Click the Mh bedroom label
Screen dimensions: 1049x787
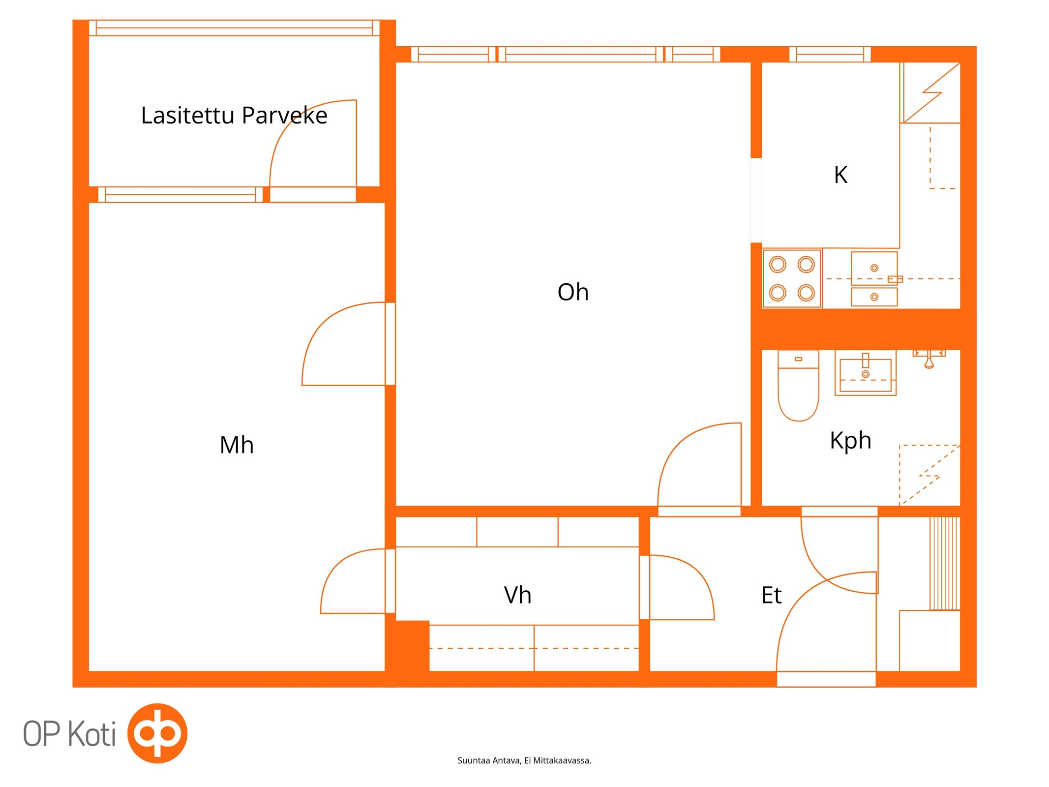coord(237,445)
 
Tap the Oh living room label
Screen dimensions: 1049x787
coord(573,292)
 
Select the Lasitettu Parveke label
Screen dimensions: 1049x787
coord(234,116)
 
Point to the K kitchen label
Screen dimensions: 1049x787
coord(840,175)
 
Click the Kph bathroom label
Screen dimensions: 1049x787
coord(850,440)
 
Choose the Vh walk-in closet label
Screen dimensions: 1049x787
coord(517,595)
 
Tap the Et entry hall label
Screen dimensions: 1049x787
coord(771,595)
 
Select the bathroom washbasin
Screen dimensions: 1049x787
coord(866,374)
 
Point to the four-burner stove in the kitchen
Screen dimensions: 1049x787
coord(792,278)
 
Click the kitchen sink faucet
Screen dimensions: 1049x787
coord(895,279)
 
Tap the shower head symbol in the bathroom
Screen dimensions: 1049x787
coord(929,359)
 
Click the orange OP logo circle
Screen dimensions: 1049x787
coord(157,733)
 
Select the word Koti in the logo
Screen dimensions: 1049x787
coord(92,734)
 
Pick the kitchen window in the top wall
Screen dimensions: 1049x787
coord(830,54)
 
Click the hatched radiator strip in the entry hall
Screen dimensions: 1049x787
coord(944,563)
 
